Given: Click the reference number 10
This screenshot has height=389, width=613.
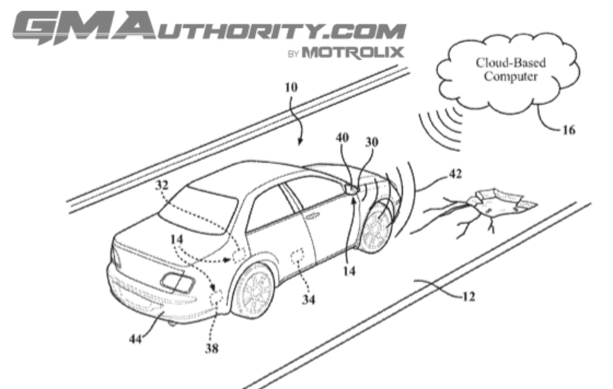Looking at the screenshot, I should pyautogui.click(x=291, y=88).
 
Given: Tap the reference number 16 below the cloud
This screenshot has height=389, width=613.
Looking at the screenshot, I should pyautogui.click(x=569, y=130).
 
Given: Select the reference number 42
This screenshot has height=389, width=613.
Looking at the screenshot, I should pyautogui.click(x=455, y=174).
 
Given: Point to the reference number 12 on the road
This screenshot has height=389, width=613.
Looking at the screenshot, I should pyautogui.click(x=468, y=296).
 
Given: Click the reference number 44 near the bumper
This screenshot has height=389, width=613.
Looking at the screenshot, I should pyautogui.click(x=135, y=339).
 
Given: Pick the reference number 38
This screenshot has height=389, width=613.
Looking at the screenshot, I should pyautogui.click(x=211, y=348).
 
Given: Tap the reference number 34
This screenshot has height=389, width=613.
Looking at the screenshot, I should pyautogui.click(x=308, y=300).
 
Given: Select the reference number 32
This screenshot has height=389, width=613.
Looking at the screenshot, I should pyautogui.click(x=162, y=185).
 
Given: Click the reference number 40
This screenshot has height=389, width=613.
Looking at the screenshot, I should pyautogui.click(x=342, y=138).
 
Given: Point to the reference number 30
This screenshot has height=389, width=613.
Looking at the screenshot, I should pyautogui.click(x=371, y=142).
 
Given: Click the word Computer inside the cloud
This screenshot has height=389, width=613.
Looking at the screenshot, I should pyautogui.click(x=511, y=76).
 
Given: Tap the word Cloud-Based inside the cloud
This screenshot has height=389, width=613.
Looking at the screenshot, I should pyautogui.click(x=511, y=63).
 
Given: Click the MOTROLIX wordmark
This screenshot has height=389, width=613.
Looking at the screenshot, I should pyautogui.click(x=352, y=52).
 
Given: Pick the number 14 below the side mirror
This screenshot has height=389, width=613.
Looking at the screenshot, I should pyautogui.click(x=349, y=271).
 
